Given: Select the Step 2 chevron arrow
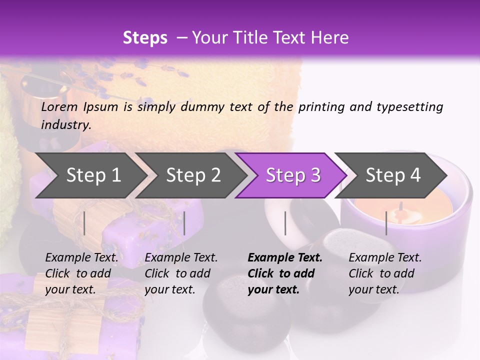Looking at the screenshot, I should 193,175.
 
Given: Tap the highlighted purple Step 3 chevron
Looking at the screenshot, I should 293,175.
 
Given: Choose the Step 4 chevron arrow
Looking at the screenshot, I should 393,175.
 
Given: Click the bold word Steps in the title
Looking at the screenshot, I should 145,38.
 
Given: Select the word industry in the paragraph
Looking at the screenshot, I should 66,125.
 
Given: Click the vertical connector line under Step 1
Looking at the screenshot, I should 84,223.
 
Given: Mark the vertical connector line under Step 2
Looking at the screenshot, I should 184,223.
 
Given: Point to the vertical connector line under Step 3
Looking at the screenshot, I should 285,223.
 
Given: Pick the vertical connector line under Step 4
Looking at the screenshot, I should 386,223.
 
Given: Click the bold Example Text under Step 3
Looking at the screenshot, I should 285,258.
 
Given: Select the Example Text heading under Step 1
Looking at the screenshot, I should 81,258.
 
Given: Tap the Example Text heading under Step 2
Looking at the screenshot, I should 181,258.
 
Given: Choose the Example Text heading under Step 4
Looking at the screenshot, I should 385,258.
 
